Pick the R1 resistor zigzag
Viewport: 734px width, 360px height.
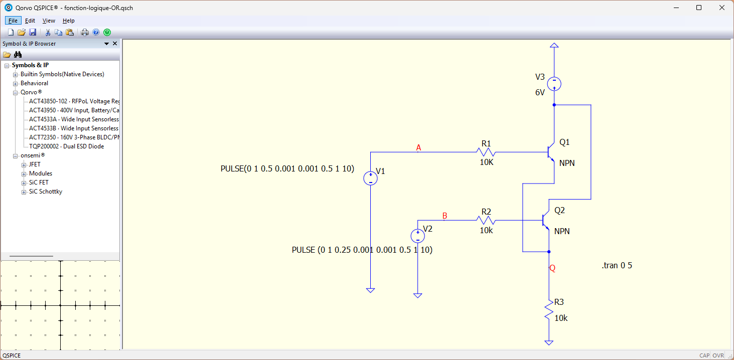coord(486,152)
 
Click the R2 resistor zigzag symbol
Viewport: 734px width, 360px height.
coord(486,221)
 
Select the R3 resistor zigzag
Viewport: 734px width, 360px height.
coord(549,309)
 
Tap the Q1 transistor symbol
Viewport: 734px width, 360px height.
coord(551,152)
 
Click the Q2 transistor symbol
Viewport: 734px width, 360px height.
coord(545,221)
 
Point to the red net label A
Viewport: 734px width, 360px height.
coord(418,148)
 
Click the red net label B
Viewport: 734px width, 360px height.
coord(445,216)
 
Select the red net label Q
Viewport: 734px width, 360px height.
coord(552,268)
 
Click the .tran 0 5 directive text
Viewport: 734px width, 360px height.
coord(617,265)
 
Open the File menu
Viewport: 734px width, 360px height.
coord(13,21)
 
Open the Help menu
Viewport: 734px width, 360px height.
coord(69,21)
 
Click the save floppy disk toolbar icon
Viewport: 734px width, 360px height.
coord(33,32)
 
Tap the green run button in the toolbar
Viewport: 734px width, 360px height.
coord(107,32)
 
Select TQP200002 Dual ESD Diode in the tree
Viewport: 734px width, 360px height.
coord(67,146)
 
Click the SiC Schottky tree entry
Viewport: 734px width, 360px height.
coord(46,192)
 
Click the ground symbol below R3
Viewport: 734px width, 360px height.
coord(549,342)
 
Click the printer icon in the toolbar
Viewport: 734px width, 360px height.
coord(85,32)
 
